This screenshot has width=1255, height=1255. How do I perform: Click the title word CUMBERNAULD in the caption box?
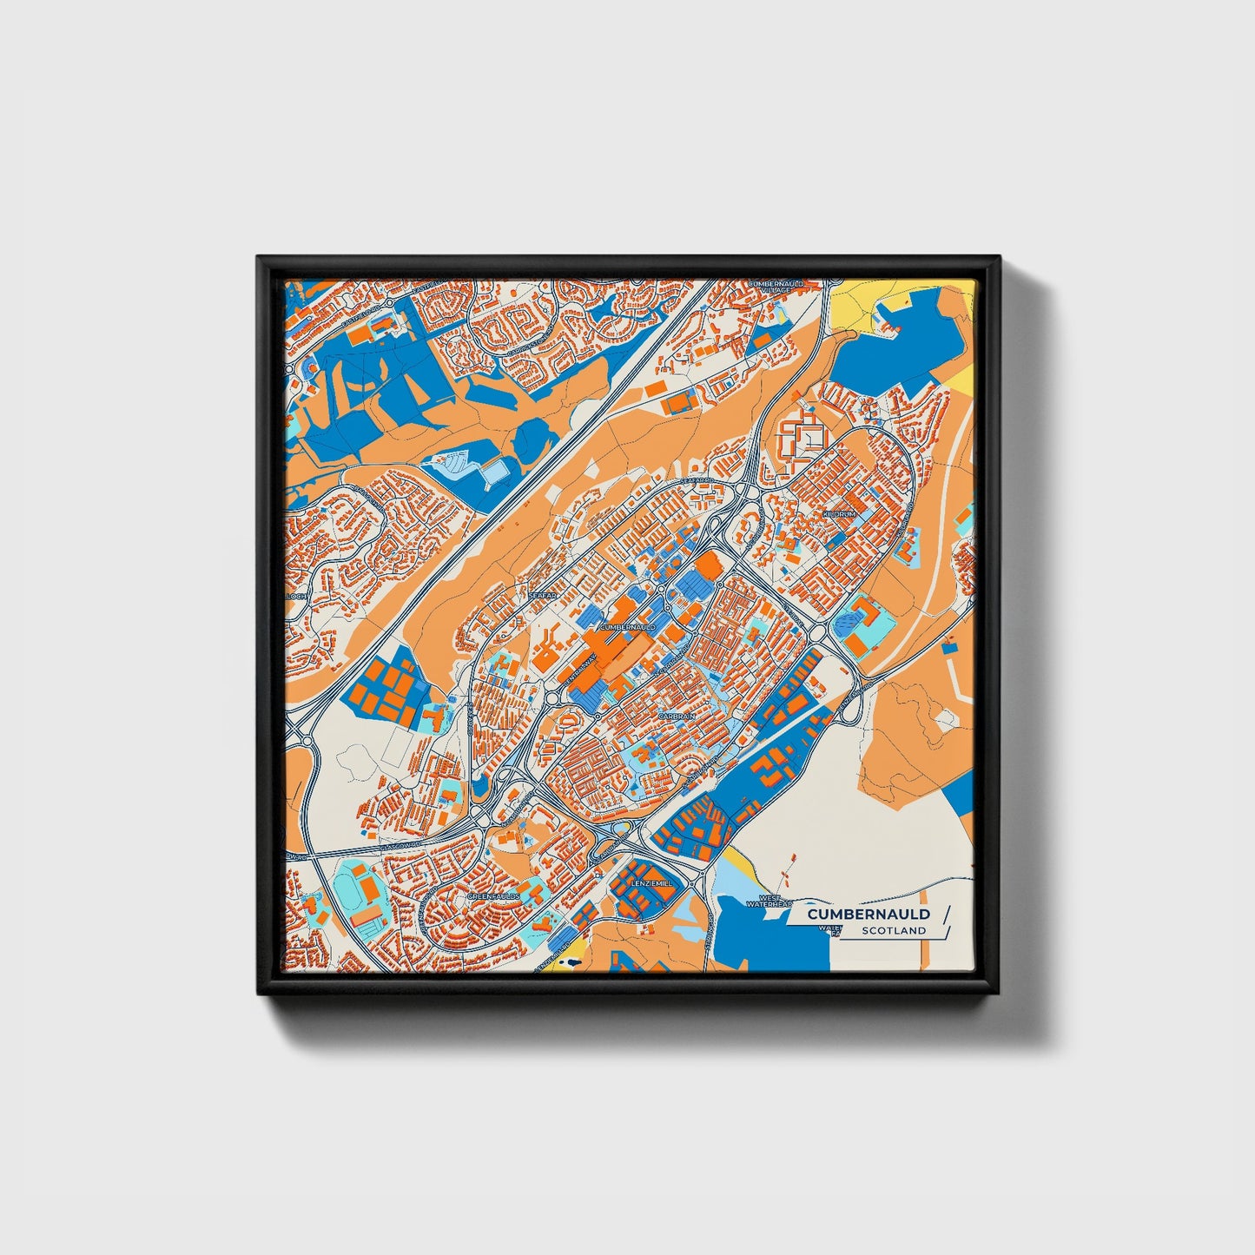868,914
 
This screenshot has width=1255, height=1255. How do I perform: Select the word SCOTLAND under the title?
895,930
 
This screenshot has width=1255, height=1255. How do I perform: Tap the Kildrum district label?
840,514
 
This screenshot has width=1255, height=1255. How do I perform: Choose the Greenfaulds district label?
493,895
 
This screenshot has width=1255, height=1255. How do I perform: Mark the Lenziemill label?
652,882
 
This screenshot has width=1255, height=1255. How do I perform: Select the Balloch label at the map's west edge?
296,597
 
